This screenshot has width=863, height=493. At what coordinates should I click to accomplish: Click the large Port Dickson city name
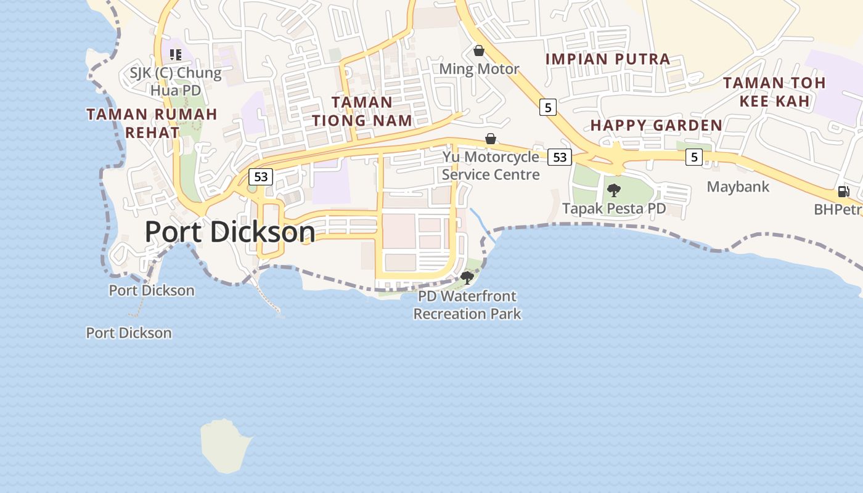[x=229, y=232]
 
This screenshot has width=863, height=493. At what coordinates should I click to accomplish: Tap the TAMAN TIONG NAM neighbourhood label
[x=362, y=111]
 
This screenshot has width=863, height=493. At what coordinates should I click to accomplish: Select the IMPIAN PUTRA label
[x=608, y=59]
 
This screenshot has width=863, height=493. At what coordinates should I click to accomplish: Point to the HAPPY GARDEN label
[x=656, y=125]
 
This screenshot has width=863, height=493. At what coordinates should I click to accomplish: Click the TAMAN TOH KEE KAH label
[x=774, y=91]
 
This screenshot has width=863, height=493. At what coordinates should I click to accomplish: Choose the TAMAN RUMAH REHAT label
[x=152, y=123]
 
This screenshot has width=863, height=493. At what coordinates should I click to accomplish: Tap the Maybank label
[x=738, y=187]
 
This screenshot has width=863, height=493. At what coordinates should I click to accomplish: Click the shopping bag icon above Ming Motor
[x=479, y=51]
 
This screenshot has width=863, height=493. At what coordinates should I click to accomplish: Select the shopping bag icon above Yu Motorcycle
[x=491, y=139]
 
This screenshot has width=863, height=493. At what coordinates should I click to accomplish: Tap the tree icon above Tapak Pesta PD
[x=614, y=190]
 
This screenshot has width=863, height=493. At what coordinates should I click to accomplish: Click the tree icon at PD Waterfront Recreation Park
[x=467, y=277]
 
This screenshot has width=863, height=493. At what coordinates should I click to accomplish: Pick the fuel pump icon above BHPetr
[x=843, y=192]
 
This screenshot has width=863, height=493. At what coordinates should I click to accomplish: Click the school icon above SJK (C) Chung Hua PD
[x=176, y=55]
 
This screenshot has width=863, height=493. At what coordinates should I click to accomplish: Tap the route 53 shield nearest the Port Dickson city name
[x=261, y=177]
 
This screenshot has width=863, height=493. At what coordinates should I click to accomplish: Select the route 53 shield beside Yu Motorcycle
[x=559, y=157]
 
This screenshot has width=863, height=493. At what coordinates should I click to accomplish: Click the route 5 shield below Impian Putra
[x=547, y=107]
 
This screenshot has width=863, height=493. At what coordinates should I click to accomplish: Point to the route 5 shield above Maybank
[x=694, y=157]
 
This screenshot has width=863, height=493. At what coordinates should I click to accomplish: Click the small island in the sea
[x=224, y=446]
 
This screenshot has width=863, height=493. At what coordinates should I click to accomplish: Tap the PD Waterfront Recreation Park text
[x=467, y=305]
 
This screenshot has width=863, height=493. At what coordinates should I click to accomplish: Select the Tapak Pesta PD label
[x=614, y=208]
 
